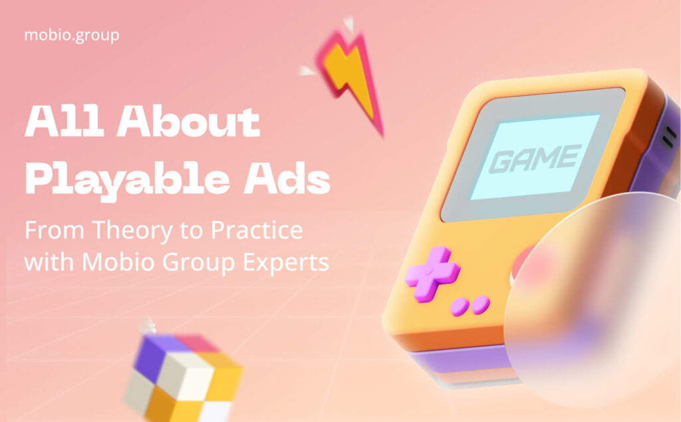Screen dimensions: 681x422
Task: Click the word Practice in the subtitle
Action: click(257, 229)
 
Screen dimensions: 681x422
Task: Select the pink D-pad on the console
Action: click(432, 274)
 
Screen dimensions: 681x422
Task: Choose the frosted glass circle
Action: click(593, 300)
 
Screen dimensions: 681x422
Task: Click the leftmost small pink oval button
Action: click(460, 307)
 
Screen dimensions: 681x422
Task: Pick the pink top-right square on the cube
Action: click(198, 343)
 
